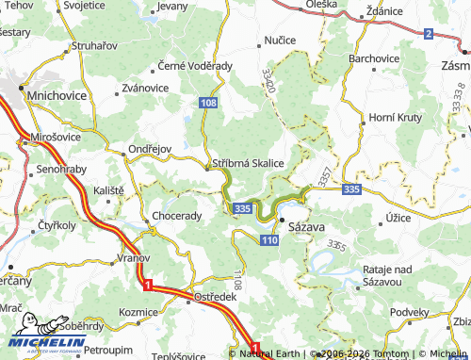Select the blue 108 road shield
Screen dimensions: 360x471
(208, 101)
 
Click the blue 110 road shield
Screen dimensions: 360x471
(270, 241)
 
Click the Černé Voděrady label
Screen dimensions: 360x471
(194, 66)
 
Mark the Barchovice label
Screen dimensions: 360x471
(375, 58)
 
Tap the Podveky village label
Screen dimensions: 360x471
(410, 312)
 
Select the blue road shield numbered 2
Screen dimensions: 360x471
(428, 34)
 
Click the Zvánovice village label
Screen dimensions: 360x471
(138, 88)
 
